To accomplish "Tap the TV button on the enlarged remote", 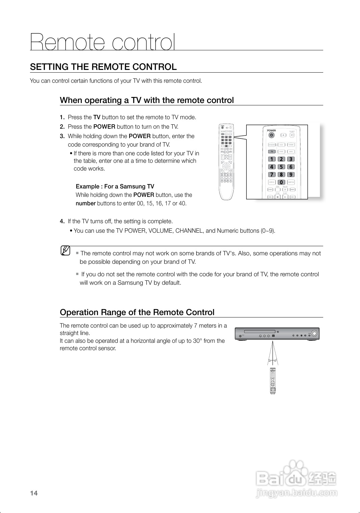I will click(x=272, y=152).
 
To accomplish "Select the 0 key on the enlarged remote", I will click(x=281, y=182).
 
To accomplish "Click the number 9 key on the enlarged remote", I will click(x=290, y=175).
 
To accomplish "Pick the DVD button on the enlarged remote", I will click(x=281, y=145).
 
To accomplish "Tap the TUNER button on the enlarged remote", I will click(x=291, y=145).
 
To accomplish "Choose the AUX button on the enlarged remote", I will click(x=291, y=152).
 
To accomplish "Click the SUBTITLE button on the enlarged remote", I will click(x=291, y=182).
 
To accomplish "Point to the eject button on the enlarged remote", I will click(x=283, y=135).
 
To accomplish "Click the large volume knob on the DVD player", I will click(x=314, y=333).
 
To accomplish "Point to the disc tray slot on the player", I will click(x=259, y=331).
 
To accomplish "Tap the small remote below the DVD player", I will click(x=273, y=381).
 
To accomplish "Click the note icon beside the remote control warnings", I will click(x=66, y=251).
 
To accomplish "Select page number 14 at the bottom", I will click(x=34, y=493).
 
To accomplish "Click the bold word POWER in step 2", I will click(x=104, y=127).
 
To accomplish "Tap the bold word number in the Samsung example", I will click(x=85, y=203).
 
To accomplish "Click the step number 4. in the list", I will click(x=62, y=222).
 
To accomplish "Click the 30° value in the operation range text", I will click(x=197, y=341).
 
